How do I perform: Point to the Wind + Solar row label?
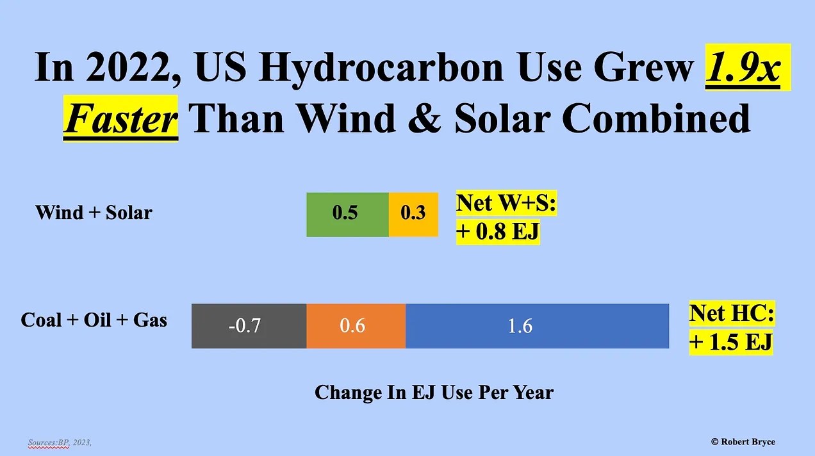(94, 213)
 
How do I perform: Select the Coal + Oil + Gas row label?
(94, 320)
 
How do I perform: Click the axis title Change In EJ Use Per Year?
(434, 392)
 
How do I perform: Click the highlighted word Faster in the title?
(120, 118)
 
